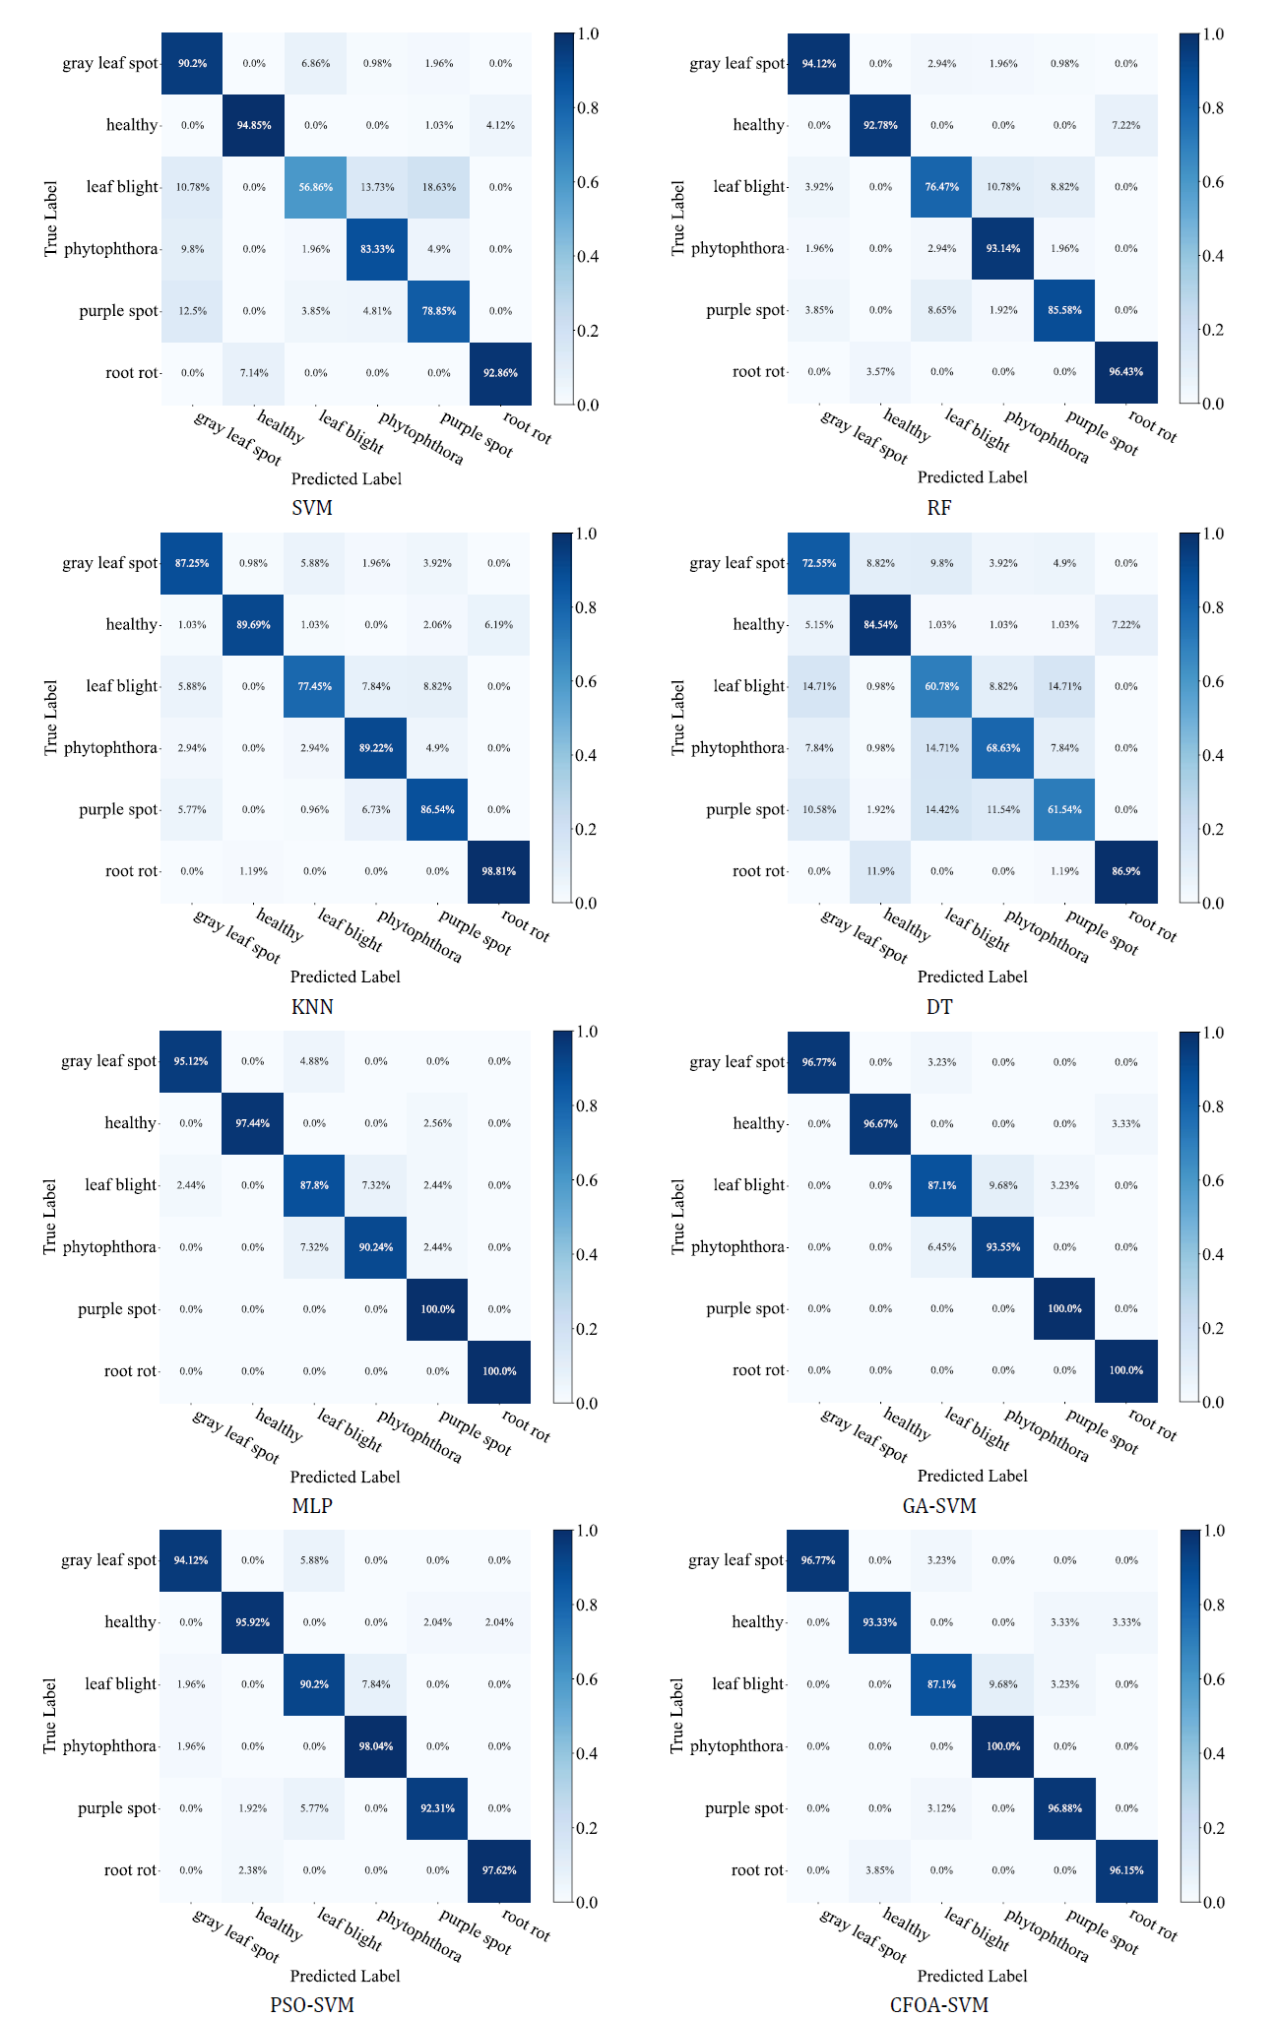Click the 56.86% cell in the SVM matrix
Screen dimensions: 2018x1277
pos(316,187)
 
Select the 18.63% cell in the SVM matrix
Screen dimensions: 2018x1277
pos(439,187)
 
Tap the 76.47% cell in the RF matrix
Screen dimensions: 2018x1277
pos(942,187)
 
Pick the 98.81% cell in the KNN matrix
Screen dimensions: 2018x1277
pos(499,871)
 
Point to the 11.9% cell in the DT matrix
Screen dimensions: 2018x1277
pos(880,871)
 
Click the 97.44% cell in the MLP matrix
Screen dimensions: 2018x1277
pos(253,1123)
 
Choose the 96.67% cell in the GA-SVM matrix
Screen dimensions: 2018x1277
pos(880,1123)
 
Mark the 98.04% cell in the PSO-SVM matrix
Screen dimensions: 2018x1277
pos(376,1746)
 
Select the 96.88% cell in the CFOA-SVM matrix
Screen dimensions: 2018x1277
pos(1064,1808)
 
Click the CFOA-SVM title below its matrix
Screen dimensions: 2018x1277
pos(938,2004)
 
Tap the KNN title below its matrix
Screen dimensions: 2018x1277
pos(312,1006)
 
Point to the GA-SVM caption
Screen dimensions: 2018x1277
pos(938,1505)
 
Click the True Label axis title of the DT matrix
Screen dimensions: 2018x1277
pos(677,718)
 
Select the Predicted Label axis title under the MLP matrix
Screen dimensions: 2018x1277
pos(345,1477)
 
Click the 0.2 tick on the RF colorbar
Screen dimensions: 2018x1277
pos(1212,330)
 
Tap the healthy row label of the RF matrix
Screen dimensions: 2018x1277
pos(758,125)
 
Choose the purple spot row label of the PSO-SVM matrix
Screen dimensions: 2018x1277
pos(117,1808)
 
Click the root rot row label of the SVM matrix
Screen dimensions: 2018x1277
pos(132,373)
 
